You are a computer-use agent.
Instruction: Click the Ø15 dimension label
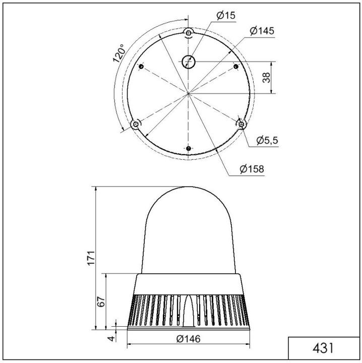coord(226,16)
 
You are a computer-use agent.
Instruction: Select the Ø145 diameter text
coord(262,31)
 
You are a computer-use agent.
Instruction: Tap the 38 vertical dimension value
coord(267,77)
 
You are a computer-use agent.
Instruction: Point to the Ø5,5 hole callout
coord(267,141)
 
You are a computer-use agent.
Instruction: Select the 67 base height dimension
coord(101,301)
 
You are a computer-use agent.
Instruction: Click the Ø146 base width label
coord(189,339)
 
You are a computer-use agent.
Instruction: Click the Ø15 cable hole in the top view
coord(188,63)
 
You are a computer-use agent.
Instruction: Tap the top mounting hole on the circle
coord(188,32)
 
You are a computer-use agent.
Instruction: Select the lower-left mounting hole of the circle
coord(135,124)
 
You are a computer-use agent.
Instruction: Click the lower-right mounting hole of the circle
coord(242,124)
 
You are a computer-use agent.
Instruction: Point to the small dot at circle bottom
coord(188,149)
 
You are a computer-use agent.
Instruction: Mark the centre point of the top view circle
coord(188,93)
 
